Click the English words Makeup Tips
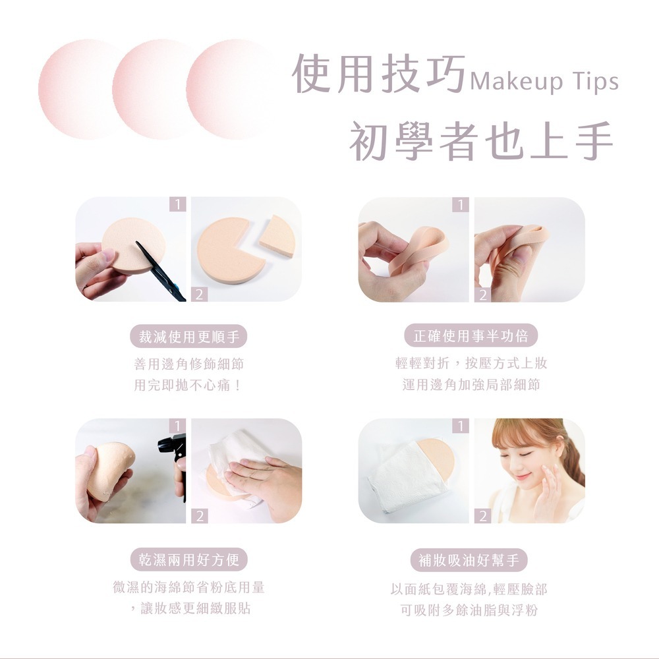[544, 82]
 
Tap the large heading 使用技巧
[379, 74]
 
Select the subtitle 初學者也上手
[482, 141]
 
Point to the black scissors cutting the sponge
[161, 271]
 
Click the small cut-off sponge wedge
[277, 237]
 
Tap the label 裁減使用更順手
[188, 337]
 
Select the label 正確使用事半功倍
[471, 336]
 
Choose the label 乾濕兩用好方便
[188, 559]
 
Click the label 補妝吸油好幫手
[469, 559]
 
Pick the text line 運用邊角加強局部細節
[471, 384]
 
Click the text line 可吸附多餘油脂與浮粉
[469, 610]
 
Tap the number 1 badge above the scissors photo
[178, 204]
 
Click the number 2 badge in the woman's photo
[483, 516]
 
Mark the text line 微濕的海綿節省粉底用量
[188, 587]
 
